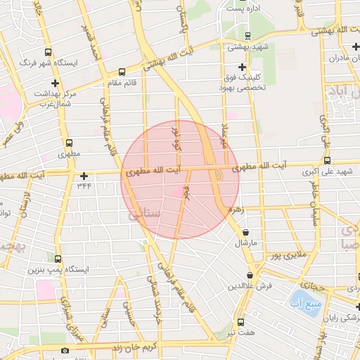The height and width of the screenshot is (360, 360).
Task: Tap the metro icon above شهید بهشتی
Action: click(x=247, y=35)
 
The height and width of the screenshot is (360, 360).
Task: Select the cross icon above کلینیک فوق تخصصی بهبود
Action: click(x=242, y=66)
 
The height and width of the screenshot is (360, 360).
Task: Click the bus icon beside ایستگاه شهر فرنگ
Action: click(x=47, y=52)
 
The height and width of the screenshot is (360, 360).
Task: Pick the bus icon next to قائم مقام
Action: click(x=122, y=71)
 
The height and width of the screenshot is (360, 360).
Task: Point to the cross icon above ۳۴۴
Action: click(x=84, y=176)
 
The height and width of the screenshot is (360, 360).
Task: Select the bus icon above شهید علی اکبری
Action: click(x=337, y=161)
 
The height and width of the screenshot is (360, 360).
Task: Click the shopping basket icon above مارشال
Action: click(x=245, y=232)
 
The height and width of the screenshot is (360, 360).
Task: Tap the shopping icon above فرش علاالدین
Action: click(x=250, y=275)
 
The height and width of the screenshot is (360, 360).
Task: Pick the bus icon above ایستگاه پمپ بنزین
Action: click(x=58, y=259)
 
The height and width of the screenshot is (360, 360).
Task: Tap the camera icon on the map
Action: click(x=65, y=350)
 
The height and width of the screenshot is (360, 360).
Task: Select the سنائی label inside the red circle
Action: click(x=146, y=212)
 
